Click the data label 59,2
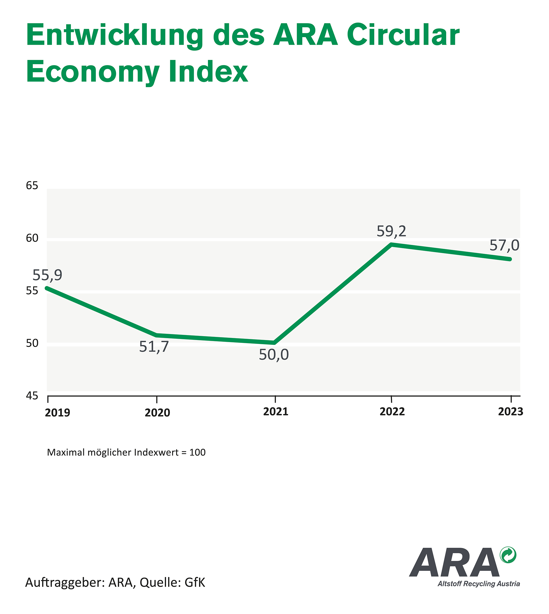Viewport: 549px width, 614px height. pos(391,232)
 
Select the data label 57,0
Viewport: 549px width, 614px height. pos(504,246)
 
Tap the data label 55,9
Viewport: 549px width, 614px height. pos(47,275)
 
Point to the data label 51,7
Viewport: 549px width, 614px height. pos(154,347)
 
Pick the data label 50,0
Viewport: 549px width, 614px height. pos(274,355)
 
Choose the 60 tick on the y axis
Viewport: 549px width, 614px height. pos(32,238)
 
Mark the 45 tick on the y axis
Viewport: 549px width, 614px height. pos(32,396)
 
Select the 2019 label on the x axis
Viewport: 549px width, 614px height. pos(57,413)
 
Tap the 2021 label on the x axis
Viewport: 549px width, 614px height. pos(275,412)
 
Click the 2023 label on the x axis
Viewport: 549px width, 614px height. pos(510,412)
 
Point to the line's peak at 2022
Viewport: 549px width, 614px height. pos(391,244)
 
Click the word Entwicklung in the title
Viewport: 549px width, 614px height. pos(115,36)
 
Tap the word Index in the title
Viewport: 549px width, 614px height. pos(208,72)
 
